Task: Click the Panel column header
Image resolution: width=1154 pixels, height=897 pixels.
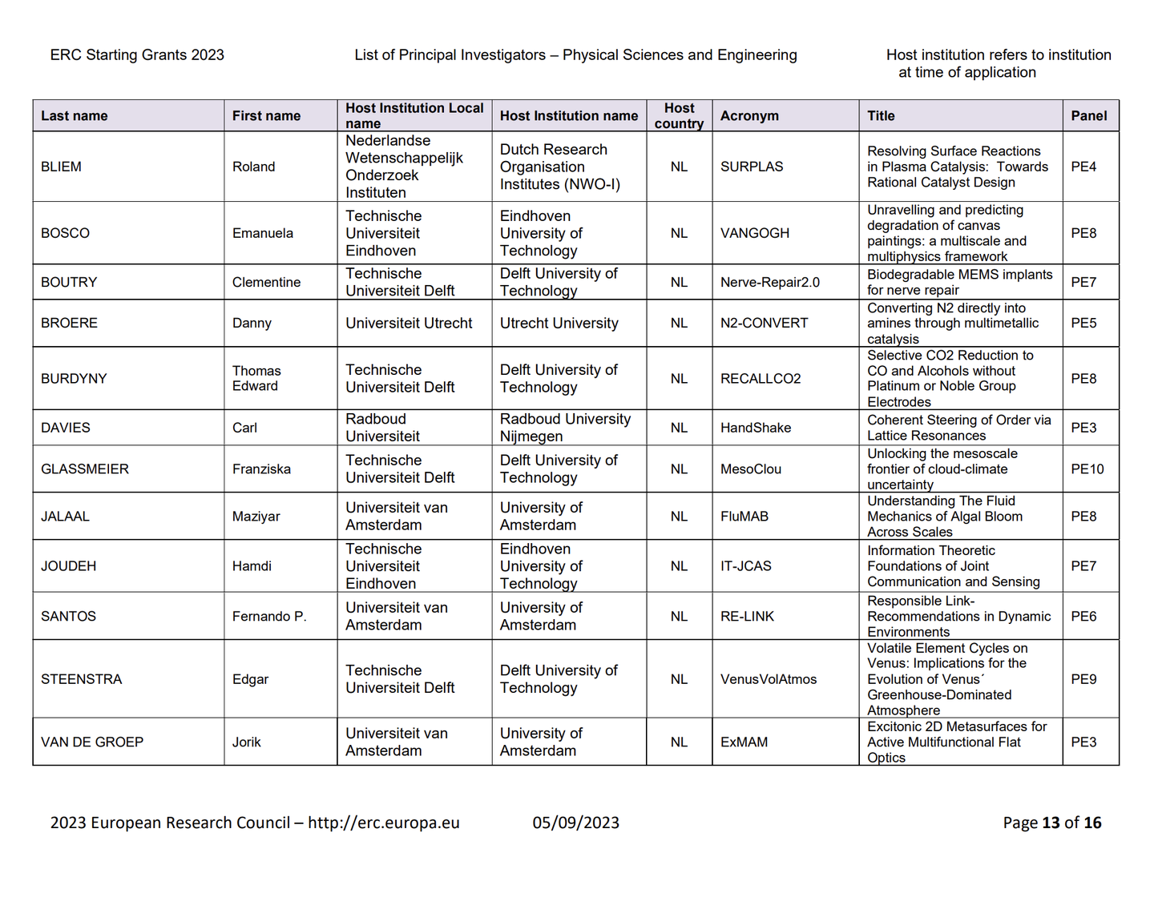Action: coord(1088,115)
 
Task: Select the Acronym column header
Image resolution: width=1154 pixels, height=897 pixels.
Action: coord(749,115)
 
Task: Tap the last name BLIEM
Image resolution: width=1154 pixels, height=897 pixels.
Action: coord(61,167)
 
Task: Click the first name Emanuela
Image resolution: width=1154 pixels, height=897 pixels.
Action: coord(262,233)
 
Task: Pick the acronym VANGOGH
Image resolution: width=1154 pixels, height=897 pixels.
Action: coord(754,233)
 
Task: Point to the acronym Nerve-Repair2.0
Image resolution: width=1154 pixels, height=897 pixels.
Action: coord(769,282)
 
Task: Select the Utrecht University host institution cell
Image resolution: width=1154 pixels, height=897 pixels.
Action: coord(559,323)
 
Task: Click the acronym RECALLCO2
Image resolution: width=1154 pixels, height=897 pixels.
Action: coord(760,378)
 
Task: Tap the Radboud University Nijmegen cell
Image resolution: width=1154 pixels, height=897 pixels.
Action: coord(565,428)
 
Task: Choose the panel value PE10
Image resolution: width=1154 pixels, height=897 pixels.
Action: coord(1087,469)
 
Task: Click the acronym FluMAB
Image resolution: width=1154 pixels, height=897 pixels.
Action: coord(744,517)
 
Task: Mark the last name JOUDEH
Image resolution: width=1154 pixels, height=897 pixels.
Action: coord(68,566)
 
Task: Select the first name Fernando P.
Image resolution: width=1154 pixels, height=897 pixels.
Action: coord(269,616)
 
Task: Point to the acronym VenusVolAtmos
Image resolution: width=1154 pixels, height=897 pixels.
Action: coord(768,679)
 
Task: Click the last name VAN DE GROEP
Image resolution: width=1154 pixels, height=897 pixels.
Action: coord(92,742)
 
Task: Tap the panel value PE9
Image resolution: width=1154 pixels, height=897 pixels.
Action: coord(1083,679)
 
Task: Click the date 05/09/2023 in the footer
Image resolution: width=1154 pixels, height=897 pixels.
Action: coord(575,823)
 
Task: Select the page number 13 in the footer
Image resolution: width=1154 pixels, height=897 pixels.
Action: coord(1051,823)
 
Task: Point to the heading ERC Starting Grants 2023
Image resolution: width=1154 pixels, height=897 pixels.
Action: coord(137,54)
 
